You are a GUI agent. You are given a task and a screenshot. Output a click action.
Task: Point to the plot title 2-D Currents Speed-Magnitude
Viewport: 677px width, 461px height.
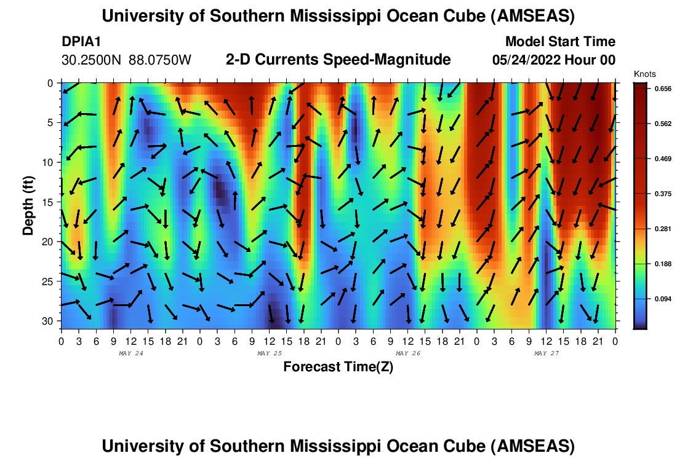click(338, 60)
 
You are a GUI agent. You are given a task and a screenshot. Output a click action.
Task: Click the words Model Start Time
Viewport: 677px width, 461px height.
click(559, 42)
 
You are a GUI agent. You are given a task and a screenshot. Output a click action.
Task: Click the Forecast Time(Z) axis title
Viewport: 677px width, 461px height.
click(338, 367)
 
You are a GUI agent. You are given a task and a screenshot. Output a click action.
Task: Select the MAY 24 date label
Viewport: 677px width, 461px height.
click(130, 353)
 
